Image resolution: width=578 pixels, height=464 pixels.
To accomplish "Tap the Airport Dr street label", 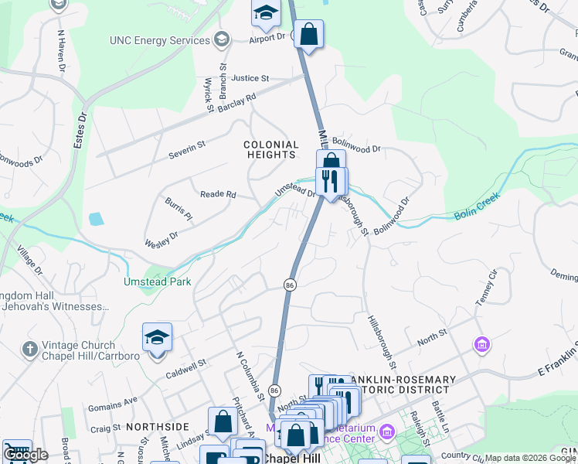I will [267, 36].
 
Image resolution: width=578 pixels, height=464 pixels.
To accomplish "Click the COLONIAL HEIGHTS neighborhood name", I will [270, 149].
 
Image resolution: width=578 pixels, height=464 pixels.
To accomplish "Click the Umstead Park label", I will [157, 282].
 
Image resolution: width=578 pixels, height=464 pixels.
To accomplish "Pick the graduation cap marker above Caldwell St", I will [157, 337].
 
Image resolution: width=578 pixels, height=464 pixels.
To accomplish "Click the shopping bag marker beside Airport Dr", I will [308, 34].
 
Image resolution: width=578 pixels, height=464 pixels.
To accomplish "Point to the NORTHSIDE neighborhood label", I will [157, 427].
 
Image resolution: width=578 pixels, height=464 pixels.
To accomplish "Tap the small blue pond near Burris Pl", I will [96, 219].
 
